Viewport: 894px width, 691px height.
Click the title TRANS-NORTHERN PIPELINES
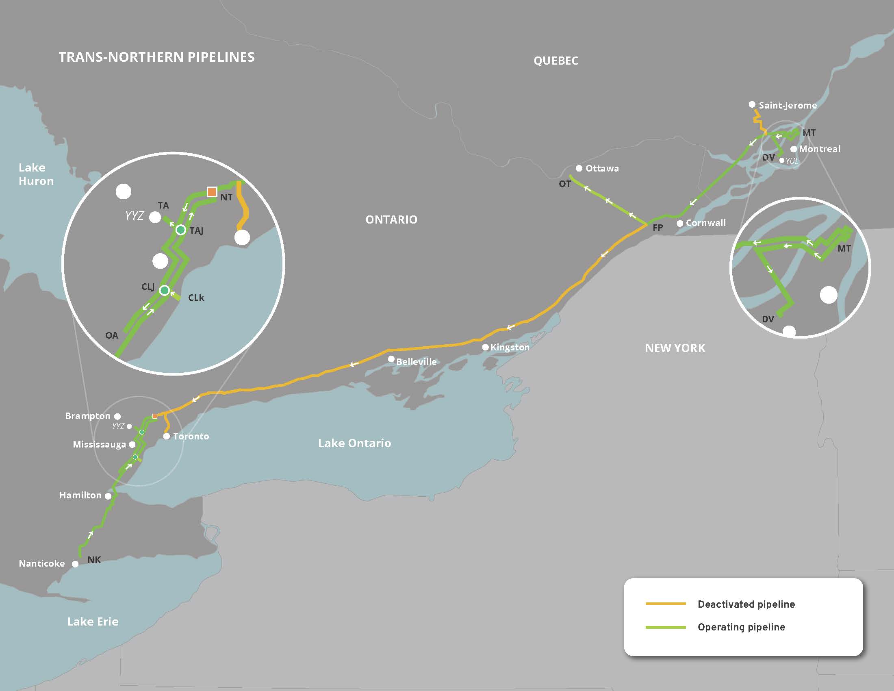pyautogui.click(x=156, y=57)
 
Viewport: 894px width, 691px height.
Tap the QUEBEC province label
pyautogui.click(x=555, y=61)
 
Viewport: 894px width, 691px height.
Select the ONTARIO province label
pyautogui.click(x=391, y=219)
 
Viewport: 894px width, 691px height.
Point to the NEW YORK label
pyautogui.click(x=675, y=348)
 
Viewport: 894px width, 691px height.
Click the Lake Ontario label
pyautogui.click(x=354, y=443)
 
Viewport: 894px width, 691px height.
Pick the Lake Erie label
pyautogui.click(x=93, y=621)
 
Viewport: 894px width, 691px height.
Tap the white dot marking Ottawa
pyautogui.click(x=579, y=168)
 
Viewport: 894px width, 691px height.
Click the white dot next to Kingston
pyautogui.click(x=485, y=347)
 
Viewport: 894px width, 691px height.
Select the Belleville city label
pyautogui.click(x=416, y=361)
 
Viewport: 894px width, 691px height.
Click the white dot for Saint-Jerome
pyautogui.click(x=752, y=104)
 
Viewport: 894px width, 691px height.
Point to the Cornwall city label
pyautogui.click(x=706, y=223)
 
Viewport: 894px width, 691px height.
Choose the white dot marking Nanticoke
pyautogui.click(x=75, y=564)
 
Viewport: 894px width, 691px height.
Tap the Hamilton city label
pyautogui.click(x=80, y=495)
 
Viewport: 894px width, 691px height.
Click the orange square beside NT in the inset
pyautogui.click(x=212, y=191)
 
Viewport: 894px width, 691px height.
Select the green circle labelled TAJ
pyautogui.click(x=180, y=230)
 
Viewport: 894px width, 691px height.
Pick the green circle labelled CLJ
pyautogui.click(x=165, y=290)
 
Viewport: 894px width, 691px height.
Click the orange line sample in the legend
pyautogui.click(x=665, y=603)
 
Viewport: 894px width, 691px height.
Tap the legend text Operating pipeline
pyautogui.click(x=741, y=627)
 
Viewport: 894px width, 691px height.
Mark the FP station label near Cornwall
pyautogui.click(x=657, y=228)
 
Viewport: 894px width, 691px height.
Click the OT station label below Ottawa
pyautogui.click(x=564, y=184)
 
